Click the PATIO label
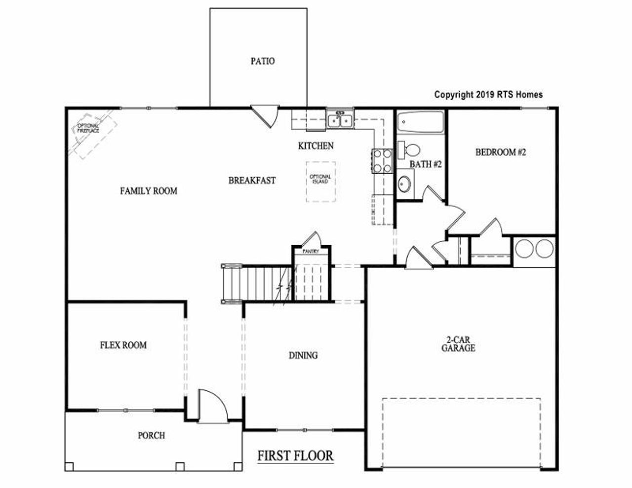[x=262, y=62]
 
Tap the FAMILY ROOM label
[x=149, y=191]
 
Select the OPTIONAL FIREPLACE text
[x=88, y=128]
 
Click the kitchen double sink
[x=340, y=120]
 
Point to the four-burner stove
[x=383, y=161]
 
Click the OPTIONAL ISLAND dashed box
[x=320, y=181]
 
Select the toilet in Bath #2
[x=409, y=148]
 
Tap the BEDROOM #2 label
[x=501, y=152]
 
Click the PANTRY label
[x=311, y=252]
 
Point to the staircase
[x=256, y=283]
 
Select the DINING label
[x=303, y=355]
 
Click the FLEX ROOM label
[x=123, y=345]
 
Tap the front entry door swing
[x=211, y=406]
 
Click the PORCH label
[x=151, y=436]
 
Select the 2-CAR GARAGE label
[x=458, y=344]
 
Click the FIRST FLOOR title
[x=295, y=455]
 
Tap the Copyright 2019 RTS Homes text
[x=488, y=95]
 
